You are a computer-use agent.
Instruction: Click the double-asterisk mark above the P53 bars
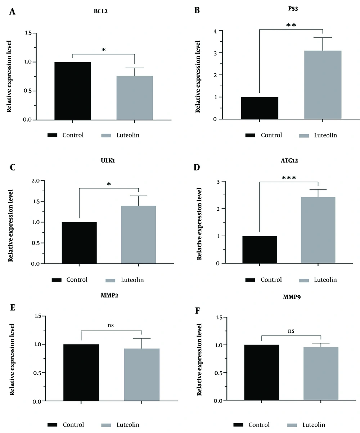tap(291, 26)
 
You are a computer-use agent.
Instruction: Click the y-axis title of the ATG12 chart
tap(199, 221)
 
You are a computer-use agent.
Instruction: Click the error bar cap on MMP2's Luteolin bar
tap(141, 338)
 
